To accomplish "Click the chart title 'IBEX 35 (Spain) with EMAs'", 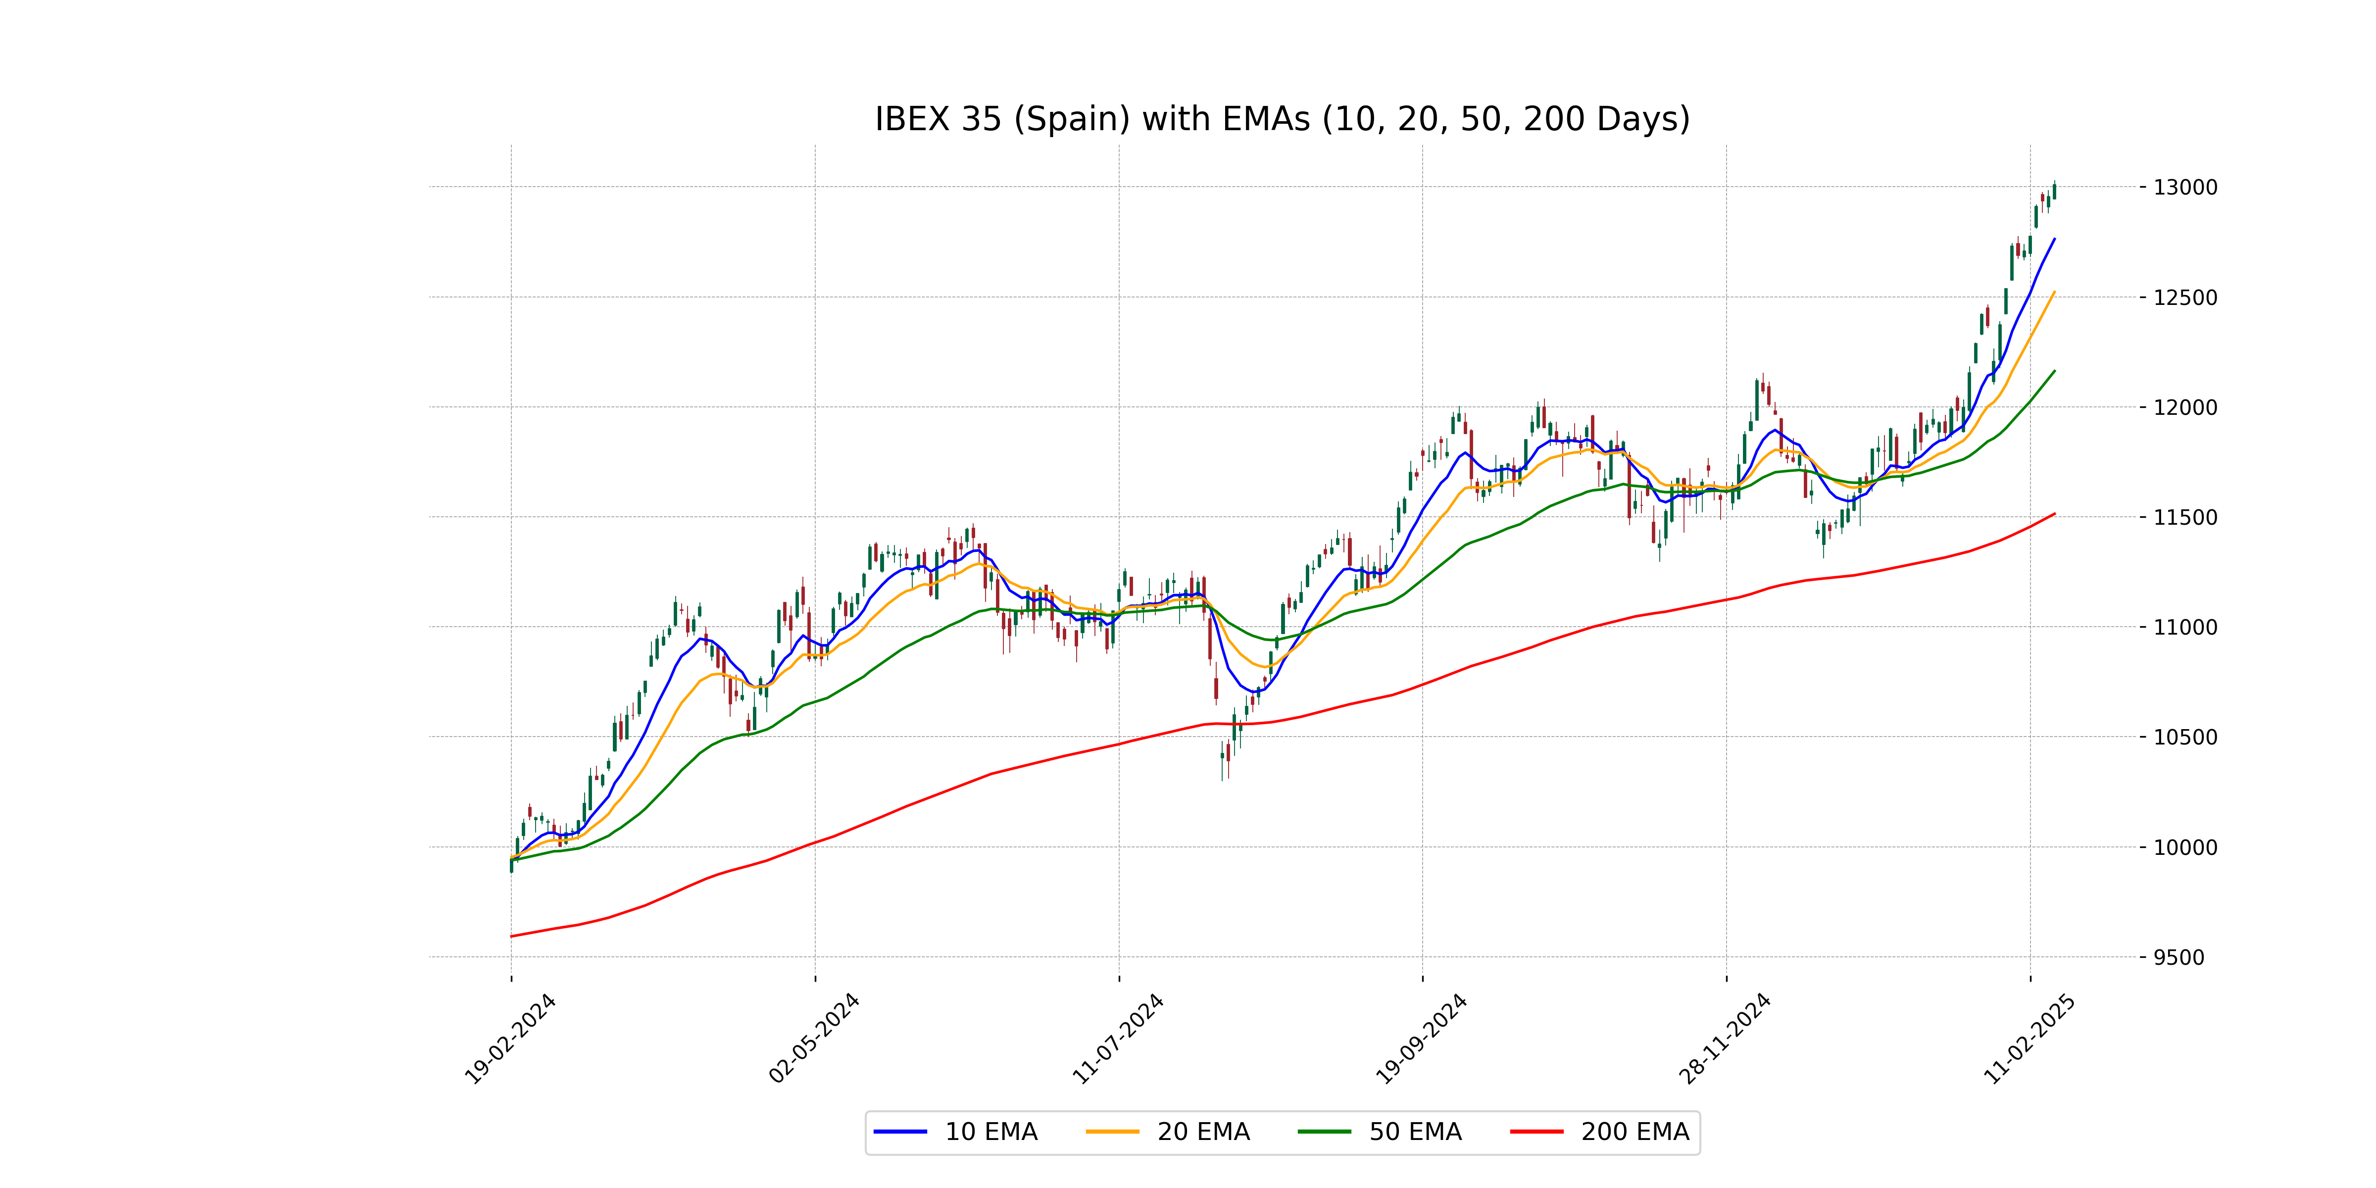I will [x=1282, y=119].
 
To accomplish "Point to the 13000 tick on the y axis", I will [x=2185, y=187].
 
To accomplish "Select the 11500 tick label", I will [x=2185, y=517].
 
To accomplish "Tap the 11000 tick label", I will [x=2185, y=627].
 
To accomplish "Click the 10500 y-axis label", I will [x=2185, y=737].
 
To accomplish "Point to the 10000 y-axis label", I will [x=2185, y=847].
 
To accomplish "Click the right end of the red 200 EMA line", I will [x=2054, y=514].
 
